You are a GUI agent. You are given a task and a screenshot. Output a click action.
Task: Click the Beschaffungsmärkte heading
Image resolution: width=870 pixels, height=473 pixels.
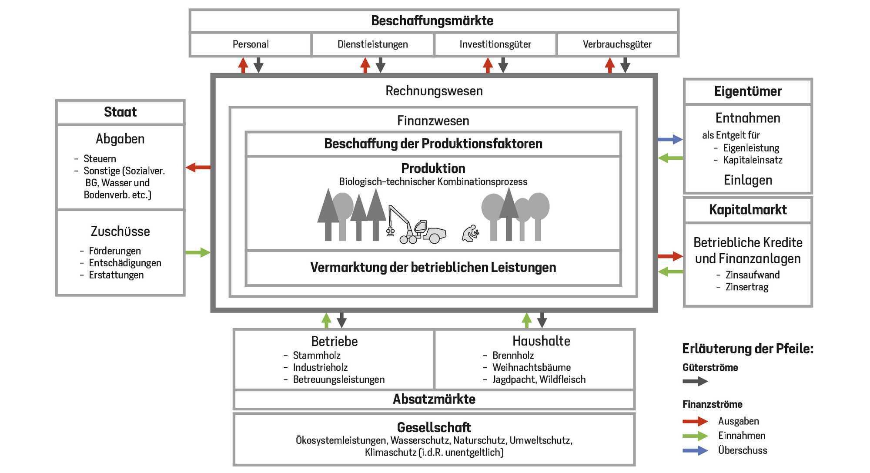pyautogui.click(x=432, y=20)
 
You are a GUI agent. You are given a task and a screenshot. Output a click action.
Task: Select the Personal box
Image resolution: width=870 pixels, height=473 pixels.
pyautogui.click(x=251, y=44)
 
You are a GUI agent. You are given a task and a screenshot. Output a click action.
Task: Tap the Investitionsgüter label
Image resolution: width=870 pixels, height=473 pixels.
pyautogui.click(x=495, y=44)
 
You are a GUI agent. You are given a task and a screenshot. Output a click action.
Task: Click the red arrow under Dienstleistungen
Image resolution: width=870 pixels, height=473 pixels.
pyautogui.click(x=365, y=65)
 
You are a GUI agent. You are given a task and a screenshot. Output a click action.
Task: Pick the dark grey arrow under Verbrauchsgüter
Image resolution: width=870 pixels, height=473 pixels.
pyautogui.click(x=625, y=65)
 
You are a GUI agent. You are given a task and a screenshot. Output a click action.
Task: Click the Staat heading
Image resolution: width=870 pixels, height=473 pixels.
pyautogui.click(x=120, y=112)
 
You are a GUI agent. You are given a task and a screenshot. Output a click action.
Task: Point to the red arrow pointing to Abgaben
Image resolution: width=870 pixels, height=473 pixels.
pyautogui.click(x=198, y=167)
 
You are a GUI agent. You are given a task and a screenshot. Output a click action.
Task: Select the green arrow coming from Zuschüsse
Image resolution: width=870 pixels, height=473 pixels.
pyautogui.click(x=198, y=252)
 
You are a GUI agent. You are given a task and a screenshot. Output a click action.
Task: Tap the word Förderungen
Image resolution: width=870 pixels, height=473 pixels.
pyautogui.click(x=115, y=251)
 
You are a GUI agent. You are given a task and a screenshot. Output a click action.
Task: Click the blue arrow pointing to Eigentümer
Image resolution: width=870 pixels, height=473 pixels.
pyautogui.click(x=670, y=139)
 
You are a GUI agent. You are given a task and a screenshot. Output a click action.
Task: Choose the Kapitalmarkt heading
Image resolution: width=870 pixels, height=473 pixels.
pyautogui.click(x=748, y=210)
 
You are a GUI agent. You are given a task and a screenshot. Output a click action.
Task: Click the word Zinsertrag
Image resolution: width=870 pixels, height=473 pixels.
pyautogui.click(x=747, y=287)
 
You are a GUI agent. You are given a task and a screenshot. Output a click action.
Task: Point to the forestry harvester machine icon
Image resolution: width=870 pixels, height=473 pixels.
pyautogui.click(x=416, y=225)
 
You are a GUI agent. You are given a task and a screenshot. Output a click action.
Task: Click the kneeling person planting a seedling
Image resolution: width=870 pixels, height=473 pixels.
pyautogui.click(x=470, y=234)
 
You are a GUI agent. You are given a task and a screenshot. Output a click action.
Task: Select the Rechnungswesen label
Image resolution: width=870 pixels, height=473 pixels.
pyautogui.click(x=434, y=91)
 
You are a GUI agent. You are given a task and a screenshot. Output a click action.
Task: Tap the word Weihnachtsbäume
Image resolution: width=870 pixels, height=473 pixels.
pyautogui.click(x=532, y=367)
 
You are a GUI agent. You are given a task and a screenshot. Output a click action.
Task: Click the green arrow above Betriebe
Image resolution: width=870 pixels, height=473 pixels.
pyautogui.click(x=326, y=321)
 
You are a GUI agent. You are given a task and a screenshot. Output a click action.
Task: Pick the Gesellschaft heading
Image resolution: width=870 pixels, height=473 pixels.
pyautogui.click(x=434, y=427)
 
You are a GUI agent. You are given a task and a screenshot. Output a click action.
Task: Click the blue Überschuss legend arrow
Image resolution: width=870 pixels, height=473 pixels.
pyautogui.click(x=695, y=450)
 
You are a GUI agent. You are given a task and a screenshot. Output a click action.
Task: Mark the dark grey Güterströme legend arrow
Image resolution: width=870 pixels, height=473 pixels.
pyautogui.click(x=695, y=382)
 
